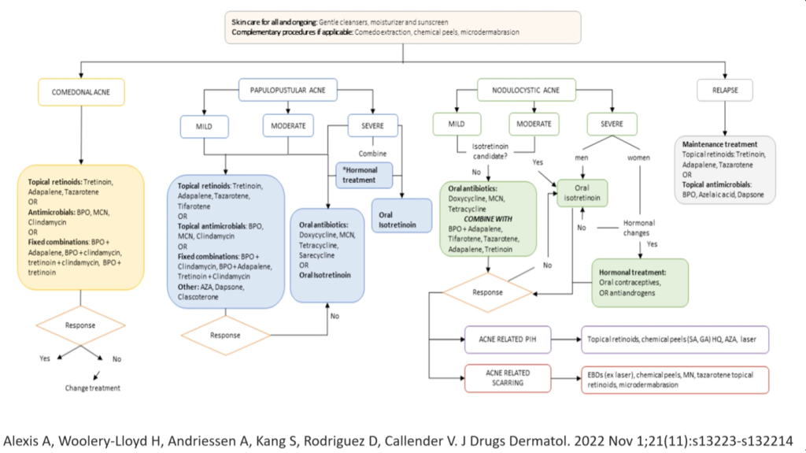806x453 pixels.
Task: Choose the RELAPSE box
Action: tap(725, 90)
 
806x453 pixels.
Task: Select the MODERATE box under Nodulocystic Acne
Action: tap(534, 124)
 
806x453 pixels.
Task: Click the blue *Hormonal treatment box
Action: tap(364, 174)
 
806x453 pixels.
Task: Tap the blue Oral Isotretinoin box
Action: tap(401, 215)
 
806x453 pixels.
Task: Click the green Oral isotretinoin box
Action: tap(583, 193)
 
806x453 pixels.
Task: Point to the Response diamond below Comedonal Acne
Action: tap(82, 324)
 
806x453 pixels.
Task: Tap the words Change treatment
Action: tap(92, 388)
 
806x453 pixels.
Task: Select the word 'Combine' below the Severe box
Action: tap(372, 154)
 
